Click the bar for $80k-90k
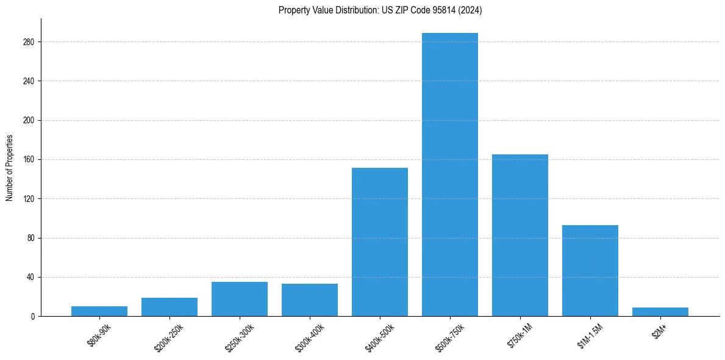pos(99,311)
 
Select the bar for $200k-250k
pos(170,307)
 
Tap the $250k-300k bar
pos(240,299)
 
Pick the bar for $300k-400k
pos(310,300)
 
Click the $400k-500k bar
pos(380,242)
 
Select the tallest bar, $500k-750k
pos(450,175)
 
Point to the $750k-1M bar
pos(520,235)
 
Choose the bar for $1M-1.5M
pos(590,270)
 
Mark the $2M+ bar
pos(660,312)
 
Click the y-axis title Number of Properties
pos(9,168)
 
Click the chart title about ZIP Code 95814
pos(380,10)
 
